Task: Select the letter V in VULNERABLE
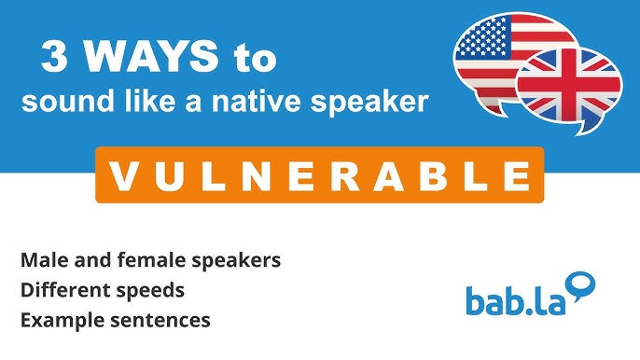121,174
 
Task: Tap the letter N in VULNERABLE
254,174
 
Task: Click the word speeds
148,291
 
